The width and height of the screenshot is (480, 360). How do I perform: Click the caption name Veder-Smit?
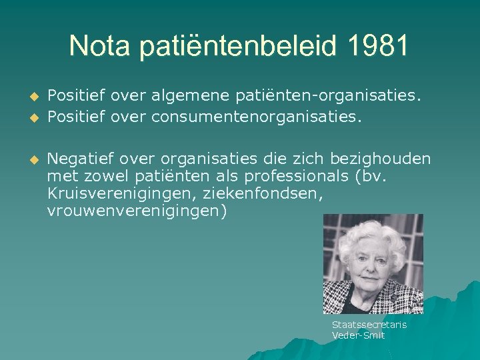pos(359,335)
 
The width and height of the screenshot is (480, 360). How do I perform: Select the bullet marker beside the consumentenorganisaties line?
pos(31,119)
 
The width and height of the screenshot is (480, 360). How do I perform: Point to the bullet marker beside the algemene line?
pos(31,97)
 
